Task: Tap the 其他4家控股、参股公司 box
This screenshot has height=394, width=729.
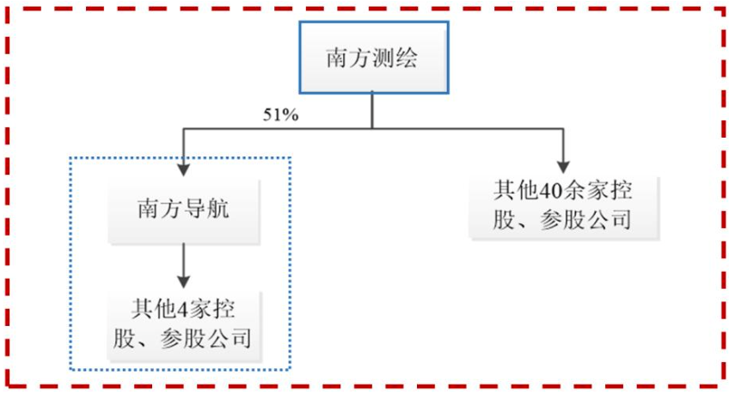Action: [181, 323]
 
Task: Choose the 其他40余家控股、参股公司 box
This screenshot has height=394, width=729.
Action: [563, 206]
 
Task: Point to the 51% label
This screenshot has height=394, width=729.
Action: [280, 115]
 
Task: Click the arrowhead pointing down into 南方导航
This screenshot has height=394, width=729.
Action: [182, 170]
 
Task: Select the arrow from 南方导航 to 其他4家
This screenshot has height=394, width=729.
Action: [182, 266]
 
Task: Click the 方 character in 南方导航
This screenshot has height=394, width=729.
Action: [169, 209]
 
